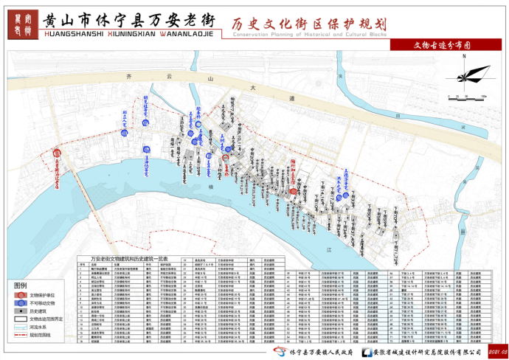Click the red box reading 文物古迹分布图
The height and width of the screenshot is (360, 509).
446,44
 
